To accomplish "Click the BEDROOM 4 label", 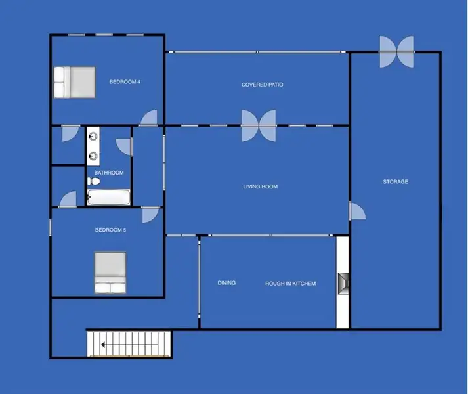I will coord(125,82).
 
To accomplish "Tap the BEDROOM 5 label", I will coord(110,230).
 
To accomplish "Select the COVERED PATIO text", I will coord(263,85).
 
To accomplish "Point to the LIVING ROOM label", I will coord(261,187).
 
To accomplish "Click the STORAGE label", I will coord(396,182).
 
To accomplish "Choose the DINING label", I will coord(226,283).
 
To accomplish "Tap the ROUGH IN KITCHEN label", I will coord(290,284).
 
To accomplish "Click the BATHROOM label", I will coord(109,173).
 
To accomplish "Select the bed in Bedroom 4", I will coord(75,82).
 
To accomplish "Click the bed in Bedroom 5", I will coord(110,273).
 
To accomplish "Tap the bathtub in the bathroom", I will coord(108,197).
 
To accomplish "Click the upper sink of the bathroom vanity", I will coord(95,137).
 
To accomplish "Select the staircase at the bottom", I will coord(129,343).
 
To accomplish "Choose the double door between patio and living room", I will coord(259,125).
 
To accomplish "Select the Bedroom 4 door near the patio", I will coord(149,118).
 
